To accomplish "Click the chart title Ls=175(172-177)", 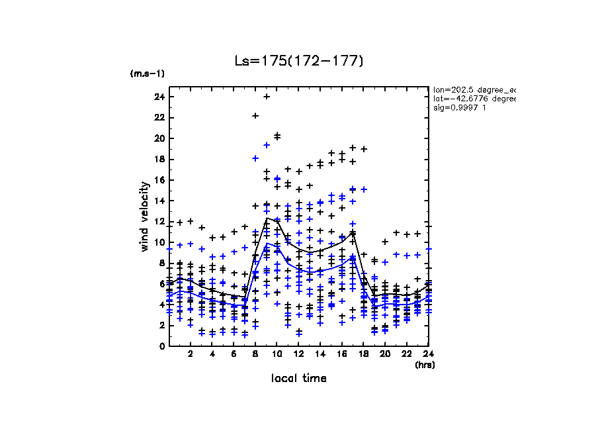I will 299,61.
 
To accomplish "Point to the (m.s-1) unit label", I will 144,73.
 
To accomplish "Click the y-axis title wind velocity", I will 145,216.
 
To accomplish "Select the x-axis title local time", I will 299,378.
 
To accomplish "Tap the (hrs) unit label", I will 424,364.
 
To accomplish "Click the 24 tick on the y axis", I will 159,97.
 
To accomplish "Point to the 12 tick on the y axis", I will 159,221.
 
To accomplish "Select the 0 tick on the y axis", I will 161,346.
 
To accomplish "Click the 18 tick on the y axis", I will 159,159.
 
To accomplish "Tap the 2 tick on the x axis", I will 191,354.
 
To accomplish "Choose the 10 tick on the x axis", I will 277,354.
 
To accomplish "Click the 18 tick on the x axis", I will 364,354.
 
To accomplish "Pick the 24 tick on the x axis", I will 429,354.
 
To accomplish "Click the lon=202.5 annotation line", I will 474,89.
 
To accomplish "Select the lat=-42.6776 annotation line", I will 474,98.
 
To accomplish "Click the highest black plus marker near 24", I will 267,97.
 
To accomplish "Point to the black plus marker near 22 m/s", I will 255,116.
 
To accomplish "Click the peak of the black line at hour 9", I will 267,218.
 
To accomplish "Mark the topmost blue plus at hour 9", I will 267,145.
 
